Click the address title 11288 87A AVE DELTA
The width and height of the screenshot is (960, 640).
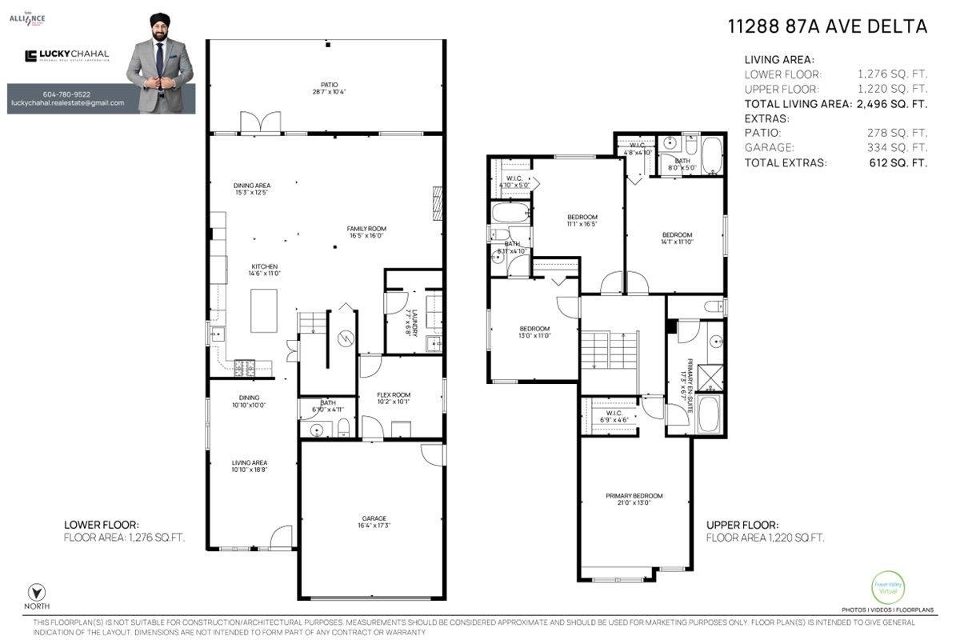827,26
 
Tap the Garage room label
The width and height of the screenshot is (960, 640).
373,522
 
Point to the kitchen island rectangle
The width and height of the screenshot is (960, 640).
264,311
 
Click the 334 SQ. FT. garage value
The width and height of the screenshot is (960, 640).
896,148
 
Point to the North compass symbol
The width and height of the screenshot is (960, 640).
35,593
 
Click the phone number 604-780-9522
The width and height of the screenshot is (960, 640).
67,94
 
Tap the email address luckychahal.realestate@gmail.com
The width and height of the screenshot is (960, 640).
67,103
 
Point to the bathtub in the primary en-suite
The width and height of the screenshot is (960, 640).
709,414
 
